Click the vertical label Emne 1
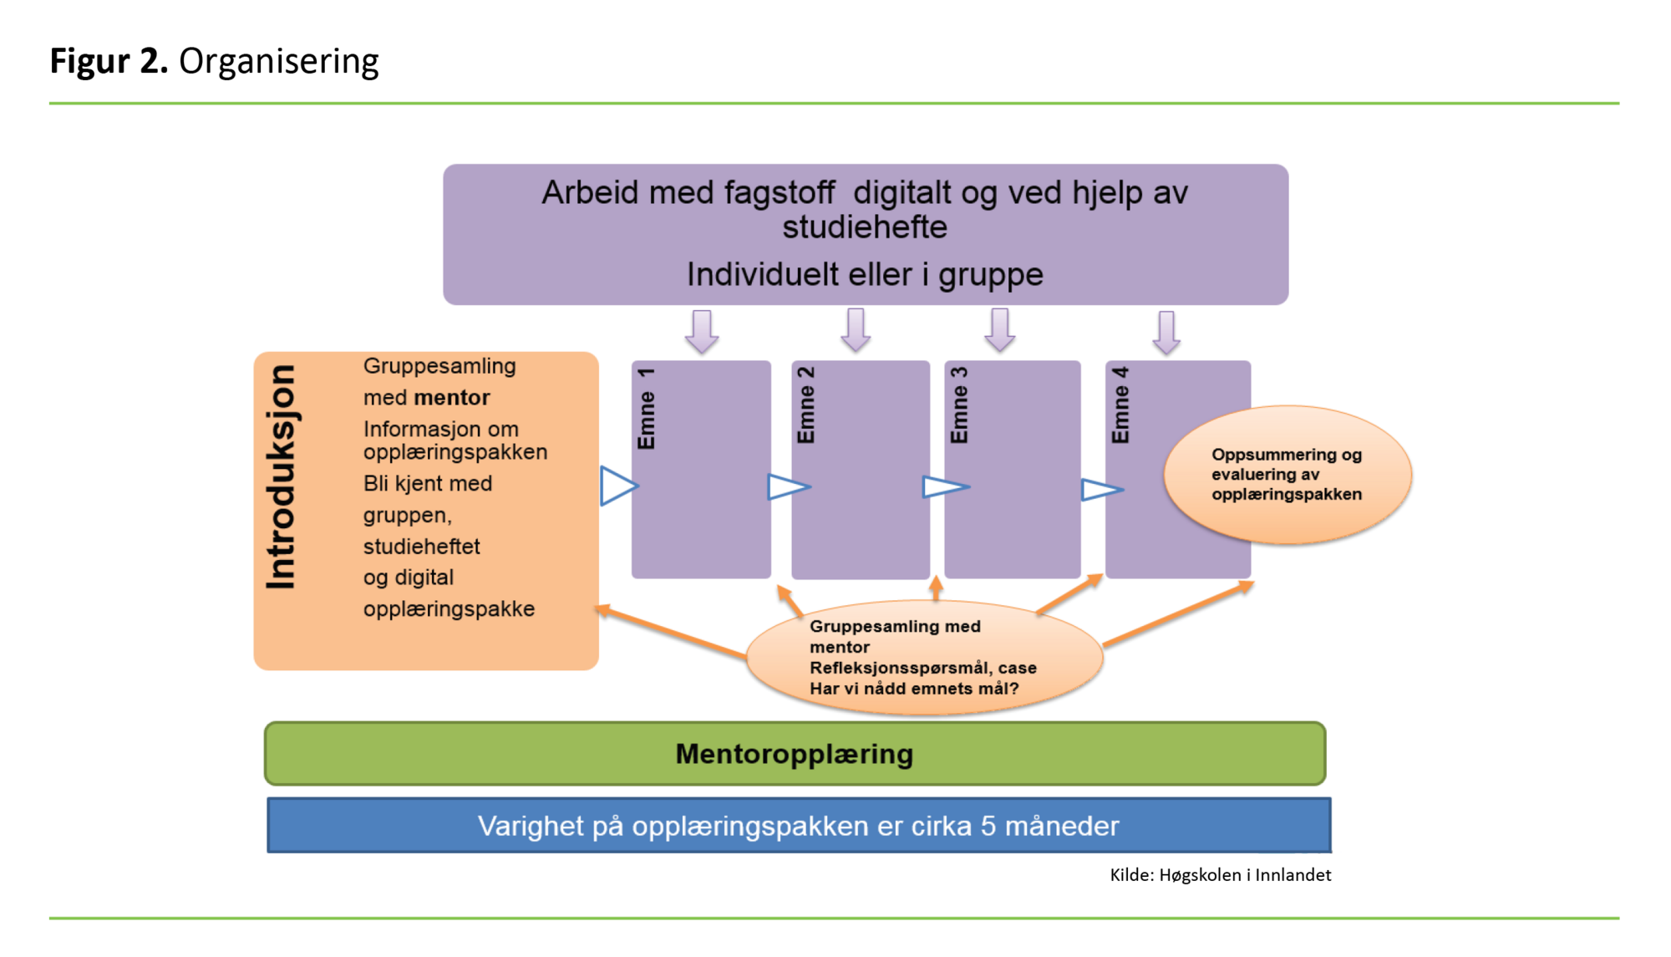coord(646,408)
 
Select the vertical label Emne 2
coord(805,405)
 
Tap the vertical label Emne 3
coord(959,405)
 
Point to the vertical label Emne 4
coord(1120,405)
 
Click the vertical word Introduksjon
coord(281,476)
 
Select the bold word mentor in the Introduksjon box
coord(452,398)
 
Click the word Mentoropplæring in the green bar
coord(794,754)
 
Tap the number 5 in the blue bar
coord(988,826)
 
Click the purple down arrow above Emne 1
coord(702,331)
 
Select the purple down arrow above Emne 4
coord(1166,332)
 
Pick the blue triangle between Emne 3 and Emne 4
coord(1100,489)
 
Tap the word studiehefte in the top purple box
coord(865,227)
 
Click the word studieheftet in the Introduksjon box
coord(421,547)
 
